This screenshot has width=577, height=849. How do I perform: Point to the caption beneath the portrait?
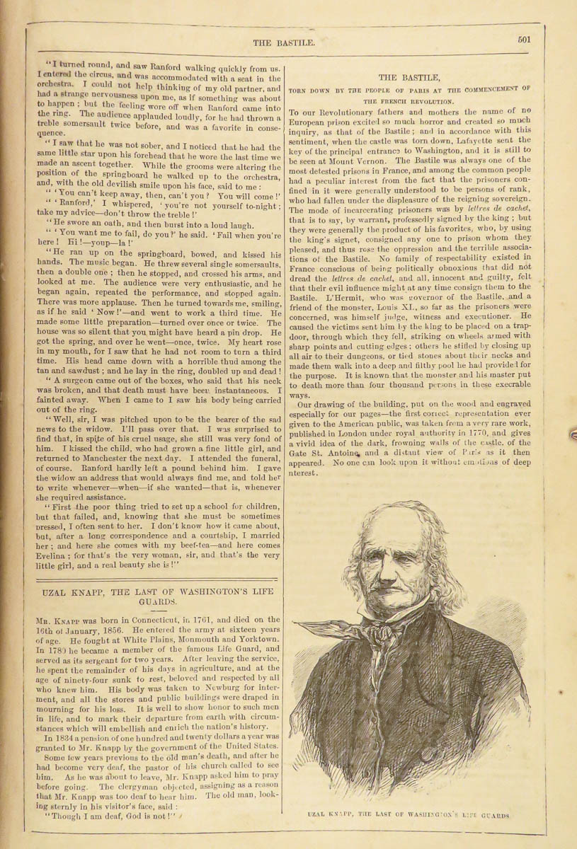point(409,816)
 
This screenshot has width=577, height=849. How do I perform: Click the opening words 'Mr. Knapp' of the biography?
point(55,620)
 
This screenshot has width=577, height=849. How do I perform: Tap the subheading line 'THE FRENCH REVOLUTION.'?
point(409,101)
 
